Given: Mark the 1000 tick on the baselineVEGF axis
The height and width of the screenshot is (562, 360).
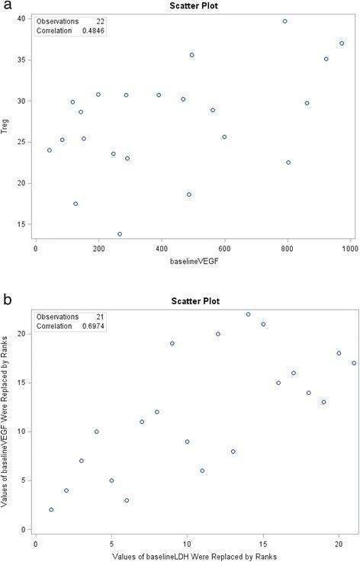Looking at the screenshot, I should (x=350, y=248).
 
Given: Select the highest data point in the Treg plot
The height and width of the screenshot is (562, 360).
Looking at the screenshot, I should (x=284, y=21).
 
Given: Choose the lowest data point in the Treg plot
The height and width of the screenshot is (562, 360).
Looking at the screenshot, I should (x=120, y=234).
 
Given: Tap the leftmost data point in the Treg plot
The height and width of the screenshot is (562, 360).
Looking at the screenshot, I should (x=50, y=150).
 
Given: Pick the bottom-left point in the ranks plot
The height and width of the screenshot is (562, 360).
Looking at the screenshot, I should (x=51, y=509).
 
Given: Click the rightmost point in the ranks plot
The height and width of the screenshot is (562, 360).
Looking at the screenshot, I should (x=354, y=363).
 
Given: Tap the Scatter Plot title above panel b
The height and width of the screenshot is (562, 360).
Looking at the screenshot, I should (x=193, y=300).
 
